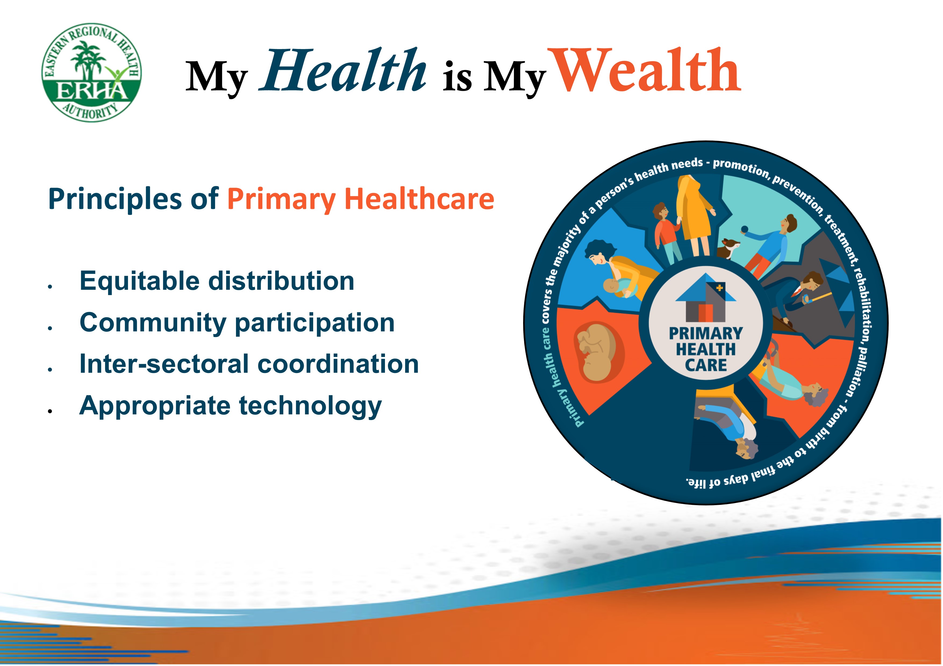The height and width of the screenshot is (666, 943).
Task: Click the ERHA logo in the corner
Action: [92, 73]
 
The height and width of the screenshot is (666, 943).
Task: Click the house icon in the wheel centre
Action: [706, 298]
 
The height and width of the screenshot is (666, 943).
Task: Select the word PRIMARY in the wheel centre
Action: [706, 333]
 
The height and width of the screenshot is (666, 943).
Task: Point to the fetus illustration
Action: [598, 352]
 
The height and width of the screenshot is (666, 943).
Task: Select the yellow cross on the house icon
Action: [720, 288]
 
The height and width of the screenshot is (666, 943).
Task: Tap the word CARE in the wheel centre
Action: [706, 365]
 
